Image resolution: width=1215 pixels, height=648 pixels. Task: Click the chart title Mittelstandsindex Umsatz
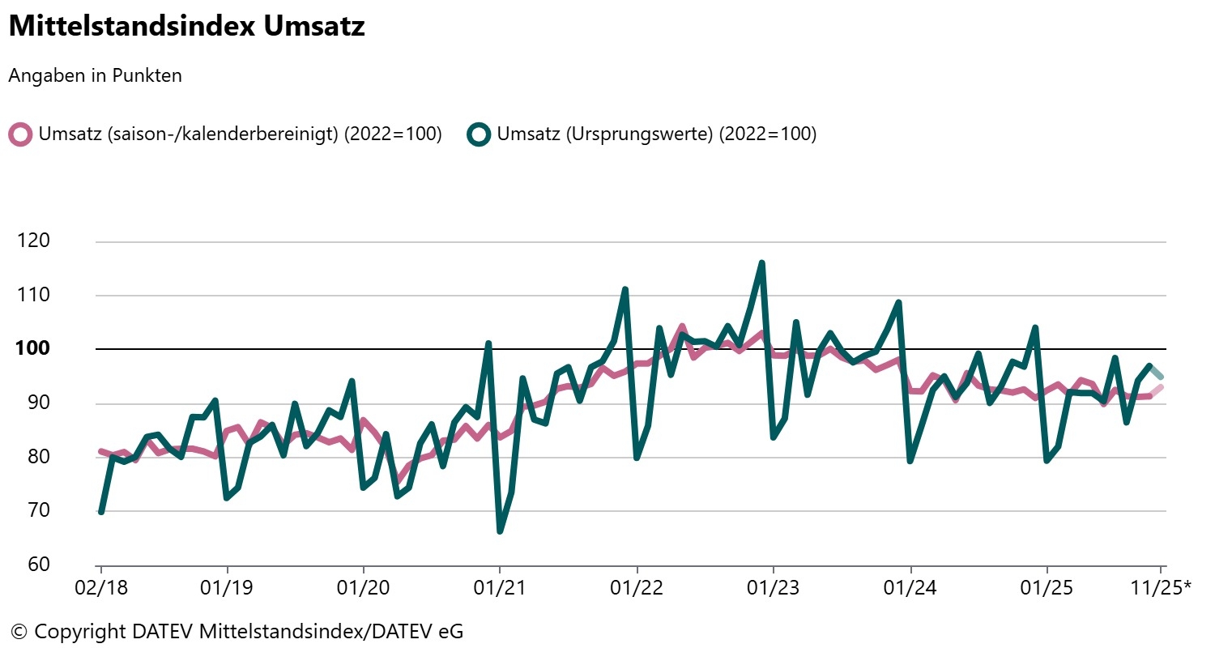coord(186,26)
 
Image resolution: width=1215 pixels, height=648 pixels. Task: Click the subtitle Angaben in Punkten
coord(95,76)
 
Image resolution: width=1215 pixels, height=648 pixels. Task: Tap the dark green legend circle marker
coord(480,134)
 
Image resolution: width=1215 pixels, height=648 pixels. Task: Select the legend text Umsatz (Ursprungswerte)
coord(656,134)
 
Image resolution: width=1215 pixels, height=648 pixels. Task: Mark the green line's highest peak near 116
coord(761,263)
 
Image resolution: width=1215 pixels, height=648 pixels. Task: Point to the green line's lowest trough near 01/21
coord(500,531)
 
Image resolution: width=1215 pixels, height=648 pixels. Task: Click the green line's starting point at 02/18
coord(100,512)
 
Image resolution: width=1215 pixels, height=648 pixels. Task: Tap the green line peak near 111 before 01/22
coord(625,289)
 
